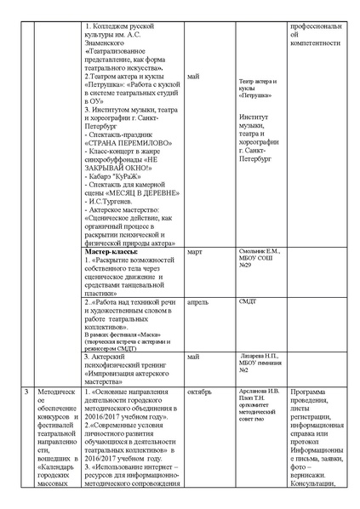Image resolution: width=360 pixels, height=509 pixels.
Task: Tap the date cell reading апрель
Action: click(x=197, y=300)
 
